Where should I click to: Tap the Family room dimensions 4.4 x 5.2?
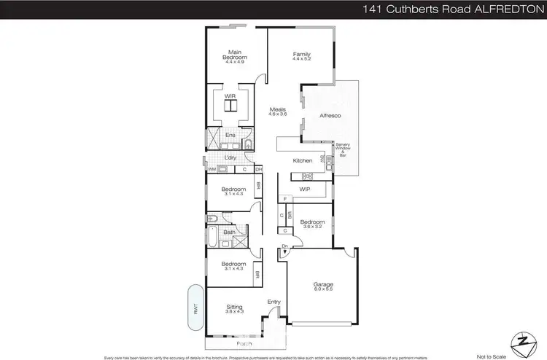point(302,60)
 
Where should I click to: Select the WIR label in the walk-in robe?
point(230,95)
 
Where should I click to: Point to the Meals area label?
point(276,109)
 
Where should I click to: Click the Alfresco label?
point(330,116)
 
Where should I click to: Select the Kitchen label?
point(303,160)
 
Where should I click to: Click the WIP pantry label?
point(305,189)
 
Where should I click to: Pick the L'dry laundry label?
point(231,157)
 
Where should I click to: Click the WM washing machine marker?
point(212,170)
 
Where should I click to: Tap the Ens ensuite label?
point(230,135)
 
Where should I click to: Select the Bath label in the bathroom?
point(229,232)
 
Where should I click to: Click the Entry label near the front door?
point(273,302)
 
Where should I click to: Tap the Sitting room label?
point(234,307)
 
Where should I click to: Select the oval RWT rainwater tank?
point(195,309)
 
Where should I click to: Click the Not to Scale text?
point(490,356)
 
